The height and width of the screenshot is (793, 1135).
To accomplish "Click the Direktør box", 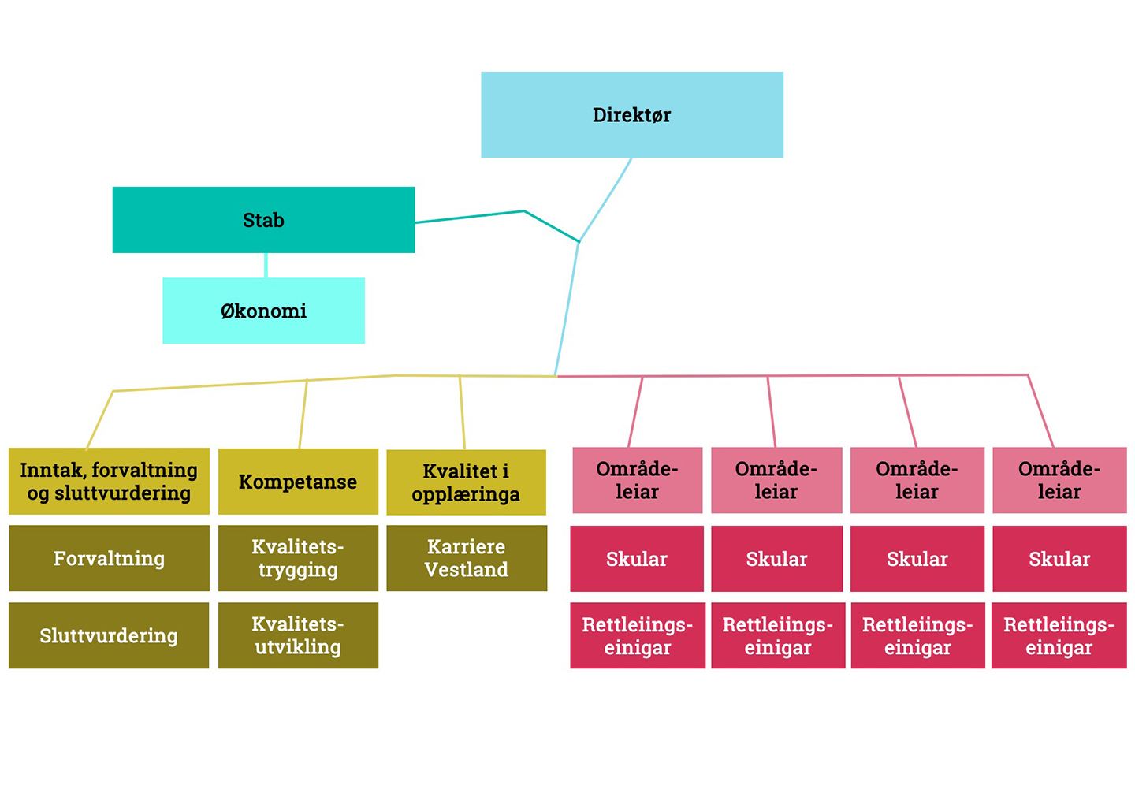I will pos(631,114).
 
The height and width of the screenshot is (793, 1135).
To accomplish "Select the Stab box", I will pos(263,220).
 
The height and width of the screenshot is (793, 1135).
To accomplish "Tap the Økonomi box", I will pos(263,311).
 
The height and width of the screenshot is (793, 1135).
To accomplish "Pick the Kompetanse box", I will pos(298,482).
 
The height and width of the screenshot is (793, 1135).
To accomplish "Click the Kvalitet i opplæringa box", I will pos(466,482).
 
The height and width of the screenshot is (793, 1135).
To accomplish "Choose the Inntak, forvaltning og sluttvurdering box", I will pos(109,481).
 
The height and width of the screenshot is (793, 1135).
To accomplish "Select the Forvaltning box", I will pos(109,558).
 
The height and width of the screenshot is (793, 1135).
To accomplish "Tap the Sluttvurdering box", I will pos(109,635).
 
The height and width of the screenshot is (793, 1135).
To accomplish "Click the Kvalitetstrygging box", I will pos(298,558).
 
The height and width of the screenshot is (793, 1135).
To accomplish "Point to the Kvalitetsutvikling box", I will pos(298,635).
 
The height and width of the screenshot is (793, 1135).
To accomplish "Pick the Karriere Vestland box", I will pos(467,558).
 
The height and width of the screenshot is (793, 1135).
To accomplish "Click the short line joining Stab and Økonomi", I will pos(266,265).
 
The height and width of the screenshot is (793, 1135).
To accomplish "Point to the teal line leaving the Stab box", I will pos(473,216).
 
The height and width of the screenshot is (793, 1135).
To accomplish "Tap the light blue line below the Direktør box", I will pos(605,200).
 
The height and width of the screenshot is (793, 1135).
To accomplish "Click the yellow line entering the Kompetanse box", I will pos(303,414).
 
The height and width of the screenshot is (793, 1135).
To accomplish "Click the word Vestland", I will pos(467,570).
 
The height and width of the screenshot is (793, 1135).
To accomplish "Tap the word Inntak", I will pos(51,470).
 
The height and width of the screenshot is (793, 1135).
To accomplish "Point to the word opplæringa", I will pos(466,495).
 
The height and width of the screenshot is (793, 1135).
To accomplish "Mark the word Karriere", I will pos(466,546).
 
